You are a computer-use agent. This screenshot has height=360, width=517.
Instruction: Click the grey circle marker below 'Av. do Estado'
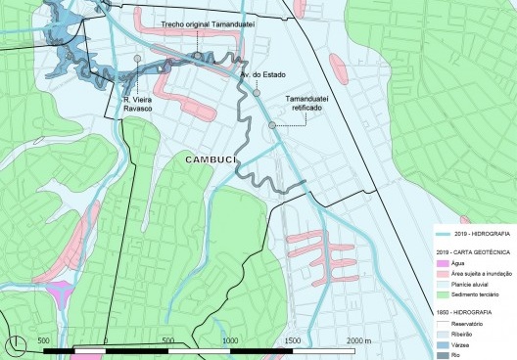(257, 94)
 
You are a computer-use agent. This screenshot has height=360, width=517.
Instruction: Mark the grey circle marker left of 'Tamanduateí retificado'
(272, 124)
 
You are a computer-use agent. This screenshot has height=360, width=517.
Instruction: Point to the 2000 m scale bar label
(359, 338)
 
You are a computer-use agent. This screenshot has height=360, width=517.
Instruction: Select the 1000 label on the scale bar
(231, 338)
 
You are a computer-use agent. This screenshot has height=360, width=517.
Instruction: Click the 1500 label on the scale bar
(294, 338)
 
